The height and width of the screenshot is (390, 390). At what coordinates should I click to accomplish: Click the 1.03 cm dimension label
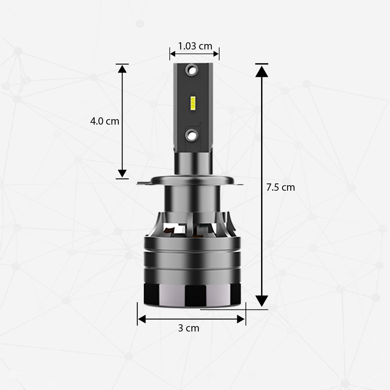195,46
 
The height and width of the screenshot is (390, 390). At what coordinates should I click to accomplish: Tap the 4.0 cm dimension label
104,121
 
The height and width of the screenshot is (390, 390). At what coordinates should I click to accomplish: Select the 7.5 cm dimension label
281,187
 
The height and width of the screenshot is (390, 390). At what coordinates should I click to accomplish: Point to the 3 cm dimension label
188,328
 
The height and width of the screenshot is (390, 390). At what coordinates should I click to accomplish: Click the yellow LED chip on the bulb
193,103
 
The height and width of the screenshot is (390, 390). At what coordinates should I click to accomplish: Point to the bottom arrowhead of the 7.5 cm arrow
262,300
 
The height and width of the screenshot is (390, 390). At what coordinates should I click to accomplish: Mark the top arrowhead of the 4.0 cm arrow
122,69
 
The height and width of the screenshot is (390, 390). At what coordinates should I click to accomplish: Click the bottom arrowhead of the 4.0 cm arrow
122,173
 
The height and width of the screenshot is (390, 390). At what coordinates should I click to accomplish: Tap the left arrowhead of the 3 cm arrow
142,319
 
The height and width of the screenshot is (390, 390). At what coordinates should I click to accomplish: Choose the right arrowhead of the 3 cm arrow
241,319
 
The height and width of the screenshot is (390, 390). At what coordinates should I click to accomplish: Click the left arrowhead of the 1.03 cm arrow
173,54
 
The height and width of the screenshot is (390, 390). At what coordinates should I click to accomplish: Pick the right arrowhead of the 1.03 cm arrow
216,54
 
